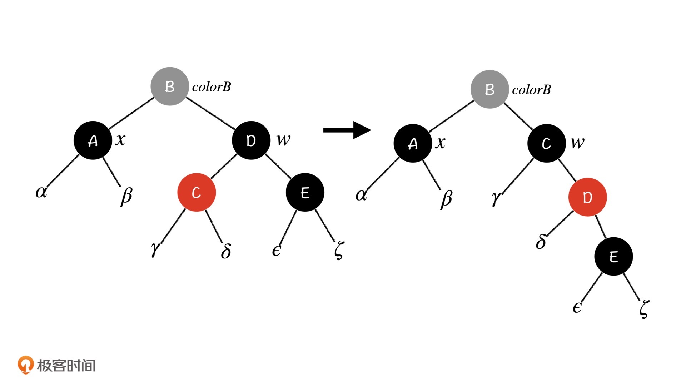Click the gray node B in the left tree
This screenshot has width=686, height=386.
(170, 86)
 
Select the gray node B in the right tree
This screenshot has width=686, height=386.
(489, 89)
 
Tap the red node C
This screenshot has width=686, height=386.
(197, 192)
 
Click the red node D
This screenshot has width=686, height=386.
(587, 197)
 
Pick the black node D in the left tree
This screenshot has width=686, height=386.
(251, 140)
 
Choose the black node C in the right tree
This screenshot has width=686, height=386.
(546, 143)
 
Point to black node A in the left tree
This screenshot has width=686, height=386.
(93, 140)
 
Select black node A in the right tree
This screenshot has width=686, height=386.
(413, 143)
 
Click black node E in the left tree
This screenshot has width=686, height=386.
(305, 192)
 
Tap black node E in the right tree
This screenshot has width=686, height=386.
(613, 256)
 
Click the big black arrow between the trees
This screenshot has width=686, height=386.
(347, 130)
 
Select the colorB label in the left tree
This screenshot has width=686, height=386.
(212, 87)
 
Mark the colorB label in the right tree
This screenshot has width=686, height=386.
(531, 90)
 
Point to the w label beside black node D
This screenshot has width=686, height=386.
(284, 139)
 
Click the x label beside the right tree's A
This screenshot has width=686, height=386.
(440, 143)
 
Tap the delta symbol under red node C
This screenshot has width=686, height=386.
(226, 251)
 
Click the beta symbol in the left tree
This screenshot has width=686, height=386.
(126, 196)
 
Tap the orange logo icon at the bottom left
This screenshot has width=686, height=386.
(25, 365)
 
